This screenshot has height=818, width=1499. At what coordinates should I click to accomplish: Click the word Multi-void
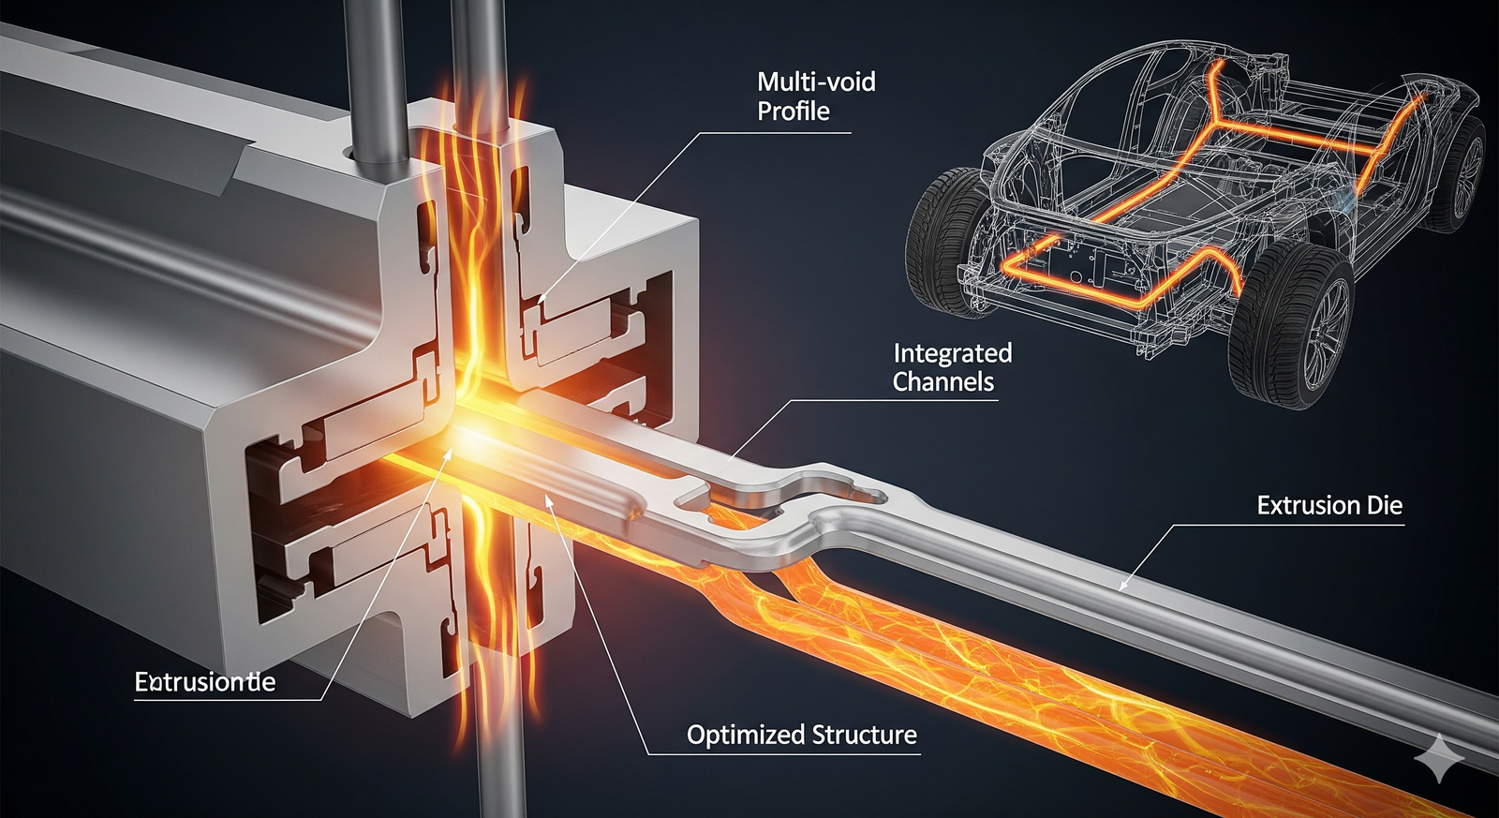click(x=816, y=82)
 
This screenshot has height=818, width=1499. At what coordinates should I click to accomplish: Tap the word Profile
click(x=794, y=112)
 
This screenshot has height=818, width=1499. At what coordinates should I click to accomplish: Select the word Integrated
click(x=952, y=353)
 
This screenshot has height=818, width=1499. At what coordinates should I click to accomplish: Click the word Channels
click(x=942, y=382)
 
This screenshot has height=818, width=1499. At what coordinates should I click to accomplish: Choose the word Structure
click(x=863, y=735)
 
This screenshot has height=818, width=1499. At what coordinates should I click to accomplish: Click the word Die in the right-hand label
click(x=1384, y=506)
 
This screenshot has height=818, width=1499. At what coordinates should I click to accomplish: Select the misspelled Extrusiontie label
click(x=205, y=682)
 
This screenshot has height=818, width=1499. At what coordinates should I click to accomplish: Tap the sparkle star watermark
click(x=1439, y=759)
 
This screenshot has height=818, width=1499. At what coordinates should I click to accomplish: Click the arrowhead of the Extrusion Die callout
click(x=1122, y=587)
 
